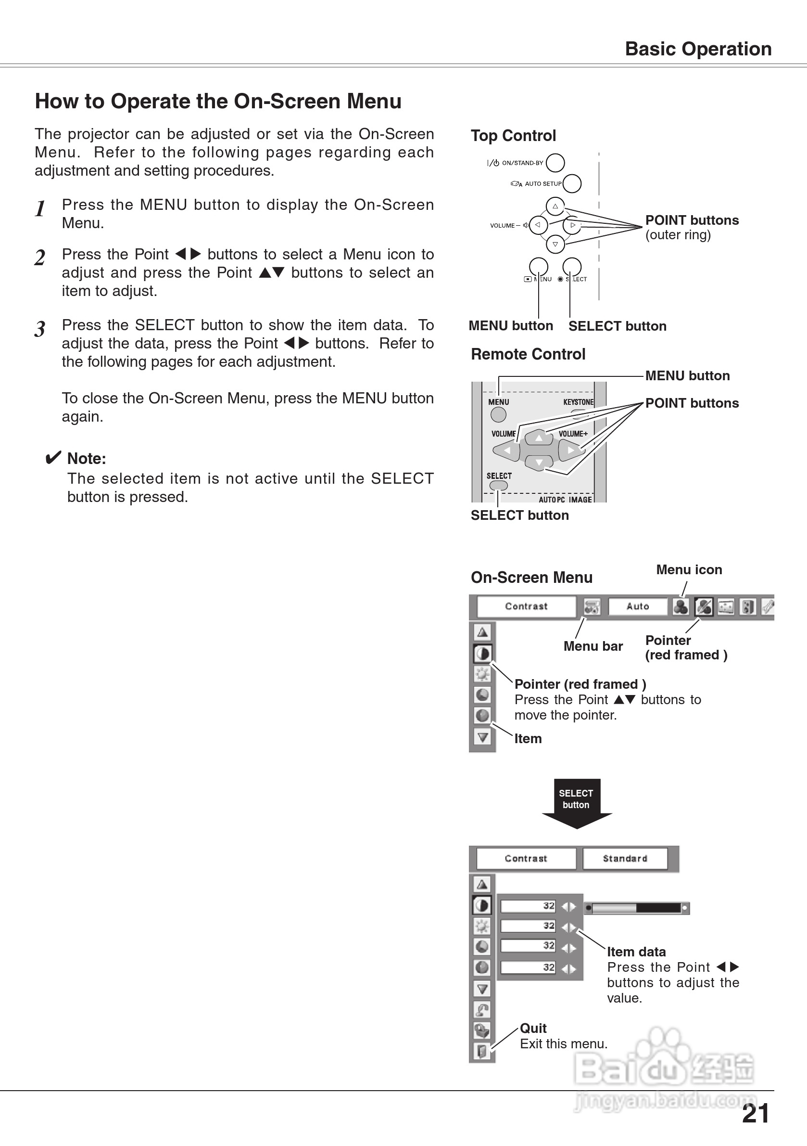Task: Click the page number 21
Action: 755,1114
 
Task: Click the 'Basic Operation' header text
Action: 698,49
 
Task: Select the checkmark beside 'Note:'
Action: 53,457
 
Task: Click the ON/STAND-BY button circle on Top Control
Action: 555,163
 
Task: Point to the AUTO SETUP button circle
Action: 572,183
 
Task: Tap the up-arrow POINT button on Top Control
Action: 555,206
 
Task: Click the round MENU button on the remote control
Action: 498,414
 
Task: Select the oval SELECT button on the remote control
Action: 498,485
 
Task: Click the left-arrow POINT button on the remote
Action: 507,451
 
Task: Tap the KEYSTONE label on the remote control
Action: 578,402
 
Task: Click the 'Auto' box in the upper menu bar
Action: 637,606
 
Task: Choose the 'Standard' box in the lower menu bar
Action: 624,859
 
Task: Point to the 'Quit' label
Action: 533,1028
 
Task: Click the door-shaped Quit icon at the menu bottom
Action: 482,1051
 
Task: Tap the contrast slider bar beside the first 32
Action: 637,908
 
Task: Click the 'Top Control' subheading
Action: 513,136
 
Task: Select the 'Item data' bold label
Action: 636,952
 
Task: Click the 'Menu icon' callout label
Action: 689,569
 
